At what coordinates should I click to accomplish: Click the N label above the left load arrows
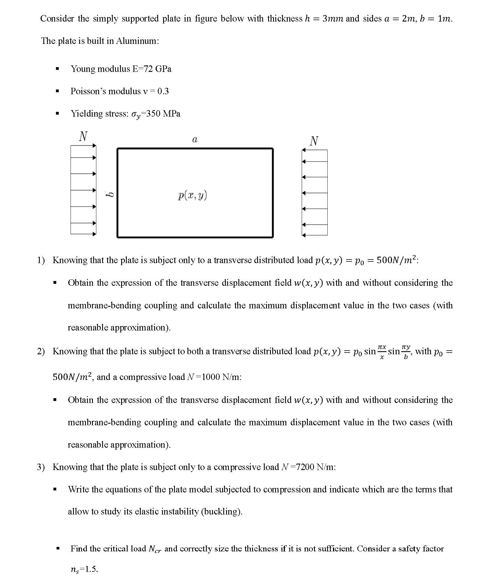83,136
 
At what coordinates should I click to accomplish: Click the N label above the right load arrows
314,141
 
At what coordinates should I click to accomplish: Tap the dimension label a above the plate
194,139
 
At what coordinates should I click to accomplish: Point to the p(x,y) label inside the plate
193,195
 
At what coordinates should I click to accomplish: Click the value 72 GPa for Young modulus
157,69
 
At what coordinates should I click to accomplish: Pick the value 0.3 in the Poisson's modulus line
163,91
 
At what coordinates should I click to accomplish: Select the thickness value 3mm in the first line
333,19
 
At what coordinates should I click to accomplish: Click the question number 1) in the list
41,260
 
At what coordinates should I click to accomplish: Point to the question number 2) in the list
41,351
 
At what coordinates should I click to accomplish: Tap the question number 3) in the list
41,467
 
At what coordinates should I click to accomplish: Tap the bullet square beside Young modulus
57,69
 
